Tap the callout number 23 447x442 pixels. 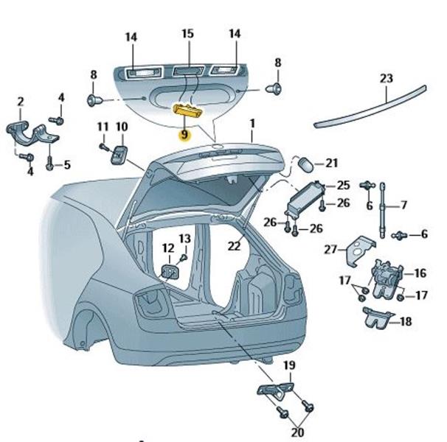tap(387, 78)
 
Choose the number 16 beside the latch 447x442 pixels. tap(420, 273)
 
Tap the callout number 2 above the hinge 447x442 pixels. tap(21, 101)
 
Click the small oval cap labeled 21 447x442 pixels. tap(305, 164)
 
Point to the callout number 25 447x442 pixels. tap(343, 185)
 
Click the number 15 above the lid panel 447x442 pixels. tap(187, 34)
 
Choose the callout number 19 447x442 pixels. tap(289, 365)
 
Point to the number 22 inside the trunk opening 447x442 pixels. tap(234, 246)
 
